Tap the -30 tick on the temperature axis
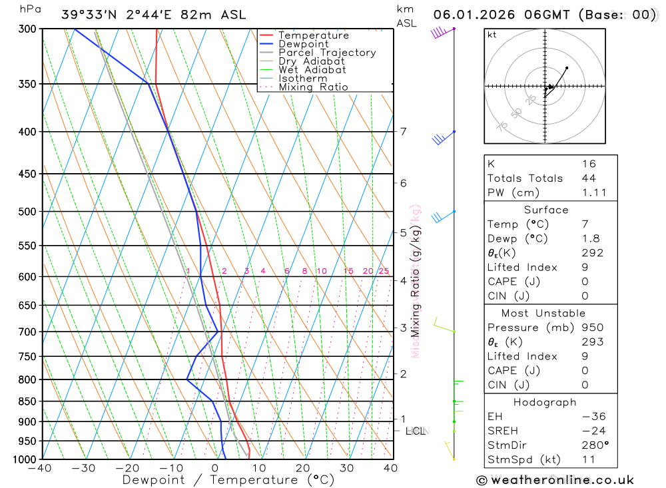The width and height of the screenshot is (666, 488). click(84, 468)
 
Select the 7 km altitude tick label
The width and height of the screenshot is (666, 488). click(404, 131)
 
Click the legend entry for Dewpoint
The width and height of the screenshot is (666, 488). click(303, 44)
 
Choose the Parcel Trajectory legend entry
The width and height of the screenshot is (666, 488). click(326, 53)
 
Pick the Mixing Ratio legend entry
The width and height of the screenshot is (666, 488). click(313, 87)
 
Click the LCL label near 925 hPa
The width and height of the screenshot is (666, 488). click(416, 431)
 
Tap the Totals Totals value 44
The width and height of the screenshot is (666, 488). click(589, 178)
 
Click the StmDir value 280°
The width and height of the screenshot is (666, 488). click(594, 445)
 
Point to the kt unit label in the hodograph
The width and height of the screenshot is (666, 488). click(492, 35)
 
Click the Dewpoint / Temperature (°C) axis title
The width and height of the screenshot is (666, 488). click(228, 480)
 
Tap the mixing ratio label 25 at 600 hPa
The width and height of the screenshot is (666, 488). click(384, 271)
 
